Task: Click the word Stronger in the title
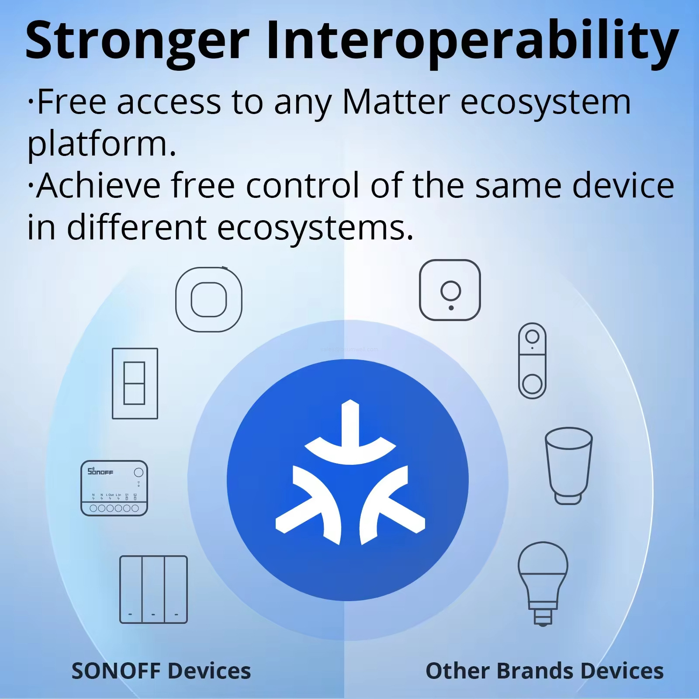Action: click(x=138, y=42)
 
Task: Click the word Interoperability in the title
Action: click(x=472, y=42)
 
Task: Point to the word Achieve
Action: click(x=98, y=186)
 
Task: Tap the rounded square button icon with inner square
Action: click(x=209, y=300)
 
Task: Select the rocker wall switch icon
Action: click(x=135, y=384)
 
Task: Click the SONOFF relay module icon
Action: click(x=114, y=488)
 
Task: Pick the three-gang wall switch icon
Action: click(x=153, y=589)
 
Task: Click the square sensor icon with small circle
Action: click(x=450, y=290)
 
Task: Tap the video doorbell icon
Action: click(x=532, y=361)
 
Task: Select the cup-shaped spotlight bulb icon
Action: click(x=568, y=465)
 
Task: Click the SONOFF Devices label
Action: click(x=161, y=671)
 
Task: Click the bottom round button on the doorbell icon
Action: click(x=532, y=384)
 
